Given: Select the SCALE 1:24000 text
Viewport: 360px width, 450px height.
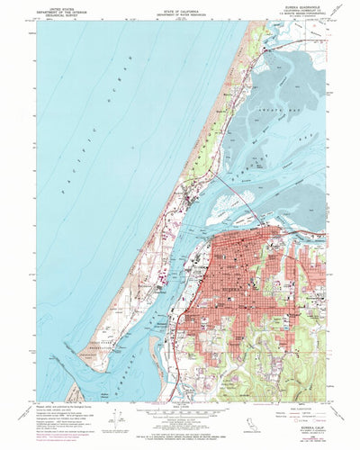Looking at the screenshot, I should (x=180, y=393).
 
